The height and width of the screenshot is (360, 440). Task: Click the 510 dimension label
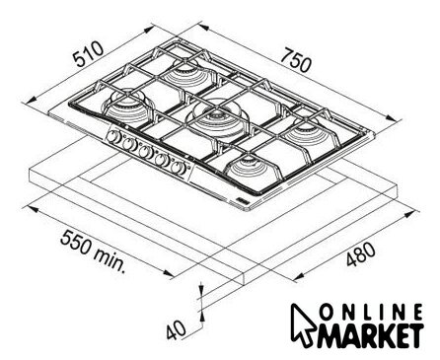click(x=88, y=53)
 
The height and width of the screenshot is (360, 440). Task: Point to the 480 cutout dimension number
click(x=360, y=254)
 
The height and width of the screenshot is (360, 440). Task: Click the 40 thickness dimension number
click(x=176, y=329)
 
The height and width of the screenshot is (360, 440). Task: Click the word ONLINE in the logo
click(x=371, y=312)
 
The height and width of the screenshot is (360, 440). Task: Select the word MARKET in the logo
click(x=370, y=335)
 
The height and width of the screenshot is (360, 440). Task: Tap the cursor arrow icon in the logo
click(x=303, y=324)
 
